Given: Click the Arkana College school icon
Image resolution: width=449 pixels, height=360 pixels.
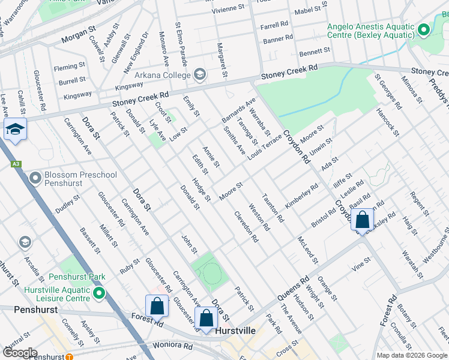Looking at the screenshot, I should coord(200,75).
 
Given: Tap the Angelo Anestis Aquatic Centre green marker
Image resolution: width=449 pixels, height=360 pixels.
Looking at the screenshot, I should coord(424,29).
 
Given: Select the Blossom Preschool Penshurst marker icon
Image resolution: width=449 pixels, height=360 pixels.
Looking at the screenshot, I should coord(35,178).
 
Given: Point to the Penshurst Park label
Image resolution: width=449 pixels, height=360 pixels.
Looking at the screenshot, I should coord(77,277).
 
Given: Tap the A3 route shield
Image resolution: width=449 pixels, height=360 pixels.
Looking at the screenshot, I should coord(16,163).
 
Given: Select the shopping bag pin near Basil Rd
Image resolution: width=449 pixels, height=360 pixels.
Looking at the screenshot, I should coord(363,220).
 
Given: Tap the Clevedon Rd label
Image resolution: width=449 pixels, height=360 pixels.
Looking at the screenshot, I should coord(246,226).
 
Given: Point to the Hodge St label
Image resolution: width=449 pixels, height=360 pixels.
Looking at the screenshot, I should coord(201,189).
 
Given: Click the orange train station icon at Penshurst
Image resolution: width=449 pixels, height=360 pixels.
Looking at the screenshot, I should coord(70,357).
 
